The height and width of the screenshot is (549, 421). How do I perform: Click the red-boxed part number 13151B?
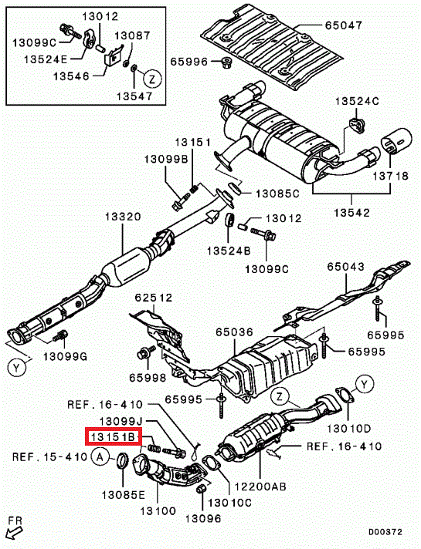tap(113, 436)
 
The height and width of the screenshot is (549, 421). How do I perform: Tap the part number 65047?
tap(344, 25)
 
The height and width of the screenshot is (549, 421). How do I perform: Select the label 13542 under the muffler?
tap(352, 212)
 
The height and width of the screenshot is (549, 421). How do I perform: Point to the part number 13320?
tap(123, 217)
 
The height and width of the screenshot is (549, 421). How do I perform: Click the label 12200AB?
tap(260, 486)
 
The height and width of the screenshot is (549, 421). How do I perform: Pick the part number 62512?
tap(154, 298)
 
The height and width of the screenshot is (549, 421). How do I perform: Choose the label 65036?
tap(234, 332)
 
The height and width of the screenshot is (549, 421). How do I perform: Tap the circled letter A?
tap(100, 457)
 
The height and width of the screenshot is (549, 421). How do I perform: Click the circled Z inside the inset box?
tap(152, 79)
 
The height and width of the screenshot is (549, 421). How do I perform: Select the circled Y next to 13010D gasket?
tap(365, 385)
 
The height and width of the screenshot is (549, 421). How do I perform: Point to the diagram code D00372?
tap(385, 532)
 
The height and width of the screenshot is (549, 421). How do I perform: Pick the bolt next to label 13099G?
tap(59, 335)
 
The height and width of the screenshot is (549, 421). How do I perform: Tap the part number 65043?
tap(345, 267)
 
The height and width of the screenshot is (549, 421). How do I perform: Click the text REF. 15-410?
tap(49, 457)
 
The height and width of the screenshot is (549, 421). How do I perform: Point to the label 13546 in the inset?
tap(72, 76)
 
